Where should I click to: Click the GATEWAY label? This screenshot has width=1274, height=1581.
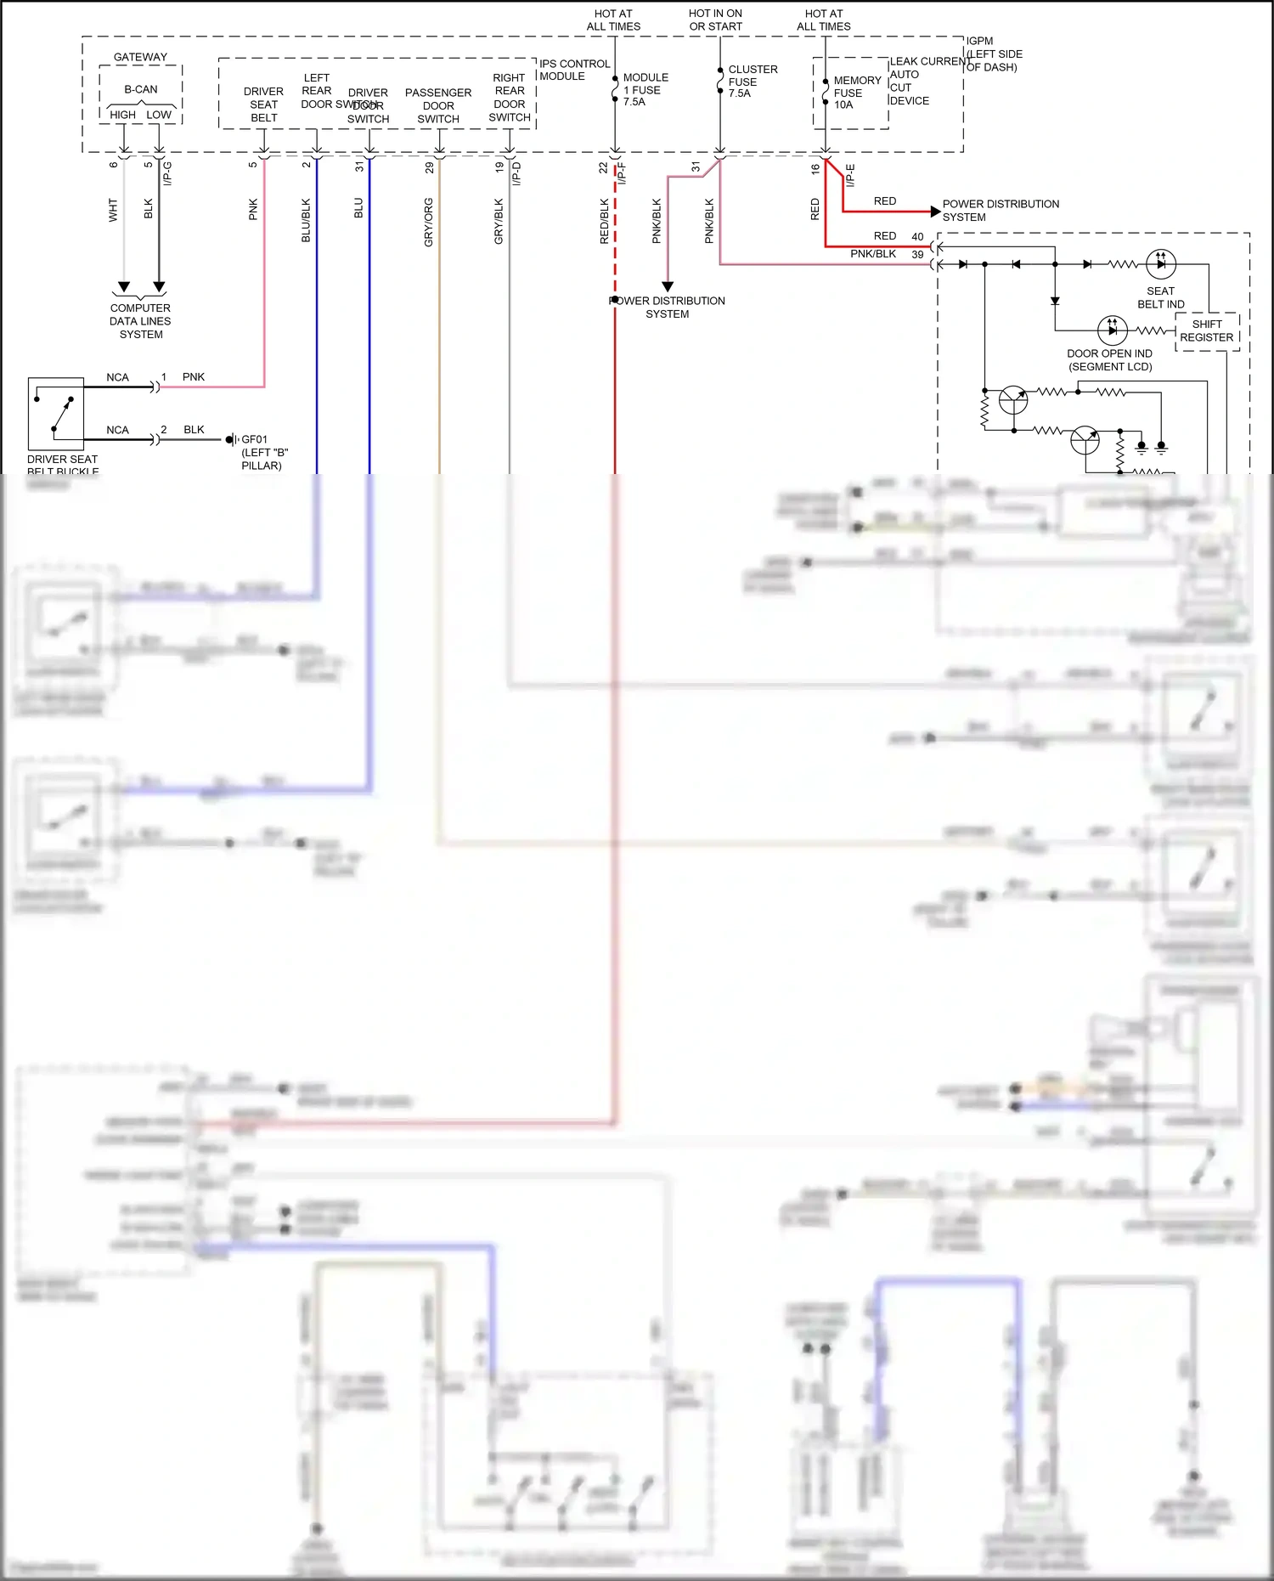coord(140,57)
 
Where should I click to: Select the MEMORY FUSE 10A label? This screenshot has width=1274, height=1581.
coord(856,93)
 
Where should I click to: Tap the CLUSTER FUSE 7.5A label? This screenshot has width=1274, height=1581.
coord(752,81)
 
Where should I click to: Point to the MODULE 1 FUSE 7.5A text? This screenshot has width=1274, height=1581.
coord(645,89)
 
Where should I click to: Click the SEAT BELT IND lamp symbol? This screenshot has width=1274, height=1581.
coord(1160,264)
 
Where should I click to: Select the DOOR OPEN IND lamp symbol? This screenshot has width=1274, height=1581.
coord(1112,330)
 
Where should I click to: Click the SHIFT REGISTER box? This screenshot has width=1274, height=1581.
coord(1206,330)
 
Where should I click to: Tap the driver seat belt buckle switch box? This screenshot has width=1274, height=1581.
coord(56,414)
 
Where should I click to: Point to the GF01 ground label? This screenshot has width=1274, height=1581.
coord(254,439)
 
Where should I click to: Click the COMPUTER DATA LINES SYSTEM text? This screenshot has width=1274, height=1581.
coord(140,321)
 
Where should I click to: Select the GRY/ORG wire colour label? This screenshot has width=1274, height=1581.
coord(429,223)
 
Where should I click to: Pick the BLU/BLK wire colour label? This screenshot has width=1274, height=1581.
coord(307,221)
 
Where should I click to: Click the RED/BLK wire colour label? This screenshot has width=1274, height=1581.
coord(605,222)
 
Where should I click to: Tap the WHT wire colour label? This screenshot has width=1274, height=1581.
coord(113,211)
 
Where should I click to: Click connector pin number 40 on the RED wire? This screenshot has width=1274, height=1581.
coord(917,236)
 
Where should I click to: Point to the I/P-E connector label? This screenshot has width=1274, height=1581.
coord(850,175)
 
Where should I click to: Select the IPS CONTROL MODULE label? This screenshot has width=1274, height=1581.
coord(574,70)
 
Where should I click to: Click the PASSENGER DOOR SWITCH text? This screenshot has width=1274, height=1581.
coord(438,105)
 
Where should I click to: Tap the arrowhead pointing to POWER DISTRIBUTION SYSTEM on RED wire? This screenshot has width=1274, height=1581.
coord(935,211)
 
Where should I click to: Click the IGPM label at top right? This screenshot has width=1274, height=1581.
coord(979,41)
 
